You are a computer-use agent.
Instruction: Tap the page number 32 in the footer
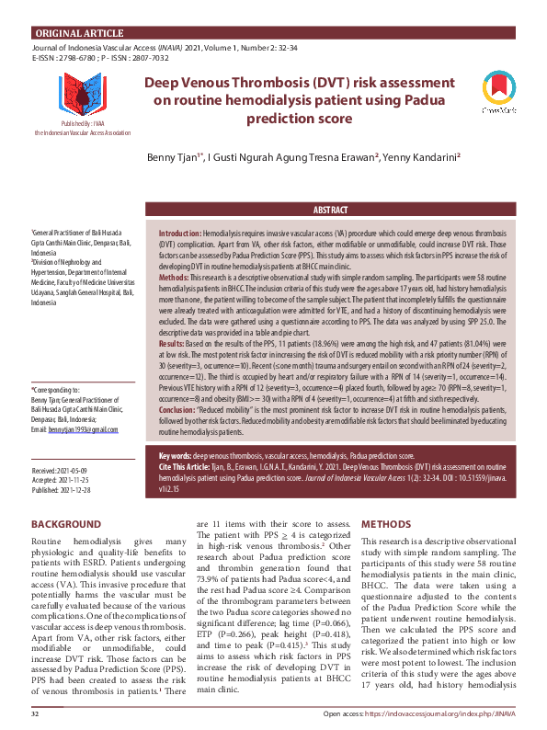point(35,714)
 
